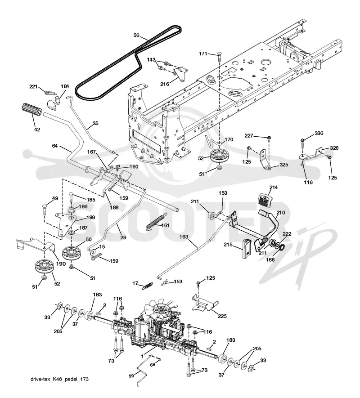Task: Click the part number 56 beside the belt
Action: pos(136,35)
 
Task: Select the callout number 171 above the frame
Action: pos(203,54)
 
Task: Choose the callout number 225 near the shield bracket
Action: pos(222,316)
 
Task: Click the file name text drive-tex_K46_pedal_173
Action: pos(59,379)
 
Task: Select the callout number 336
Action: pos(319,133)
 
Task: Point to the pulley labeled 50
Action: pos(71,252)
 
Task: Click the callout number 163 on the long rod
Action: pos(184,237)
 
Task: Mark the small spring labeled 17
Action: pos(147,286)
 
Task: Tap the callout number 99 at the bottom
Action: pos(131,376)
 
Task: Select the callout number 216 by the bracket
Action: pos(165,84)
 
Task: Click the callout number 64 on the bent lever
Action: pos(55,146)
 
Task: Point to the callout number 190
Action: pos(61,264)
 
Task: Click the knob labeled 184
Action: pos(54,103)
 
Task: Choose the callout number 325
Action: pos(283,165)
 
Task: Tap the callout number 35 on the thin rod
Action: pos(95,124)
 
